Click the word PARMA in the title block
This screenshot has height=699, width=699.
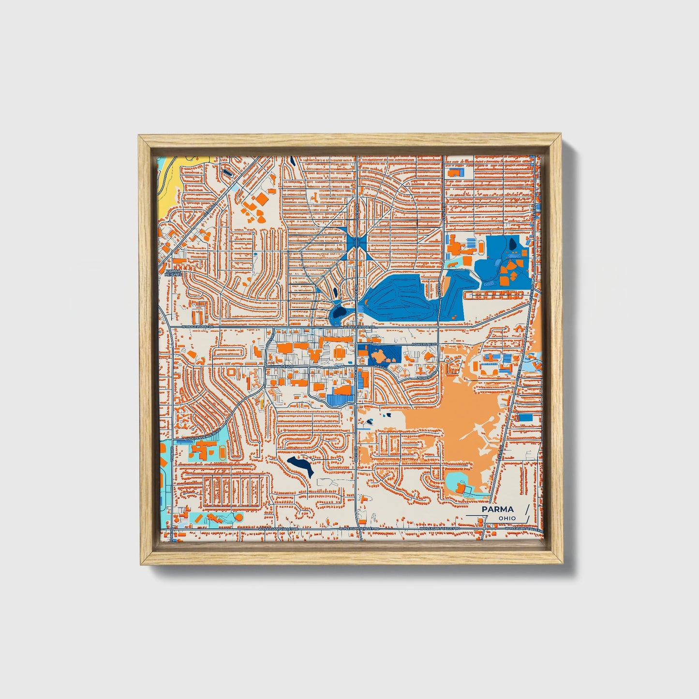pos(498,509)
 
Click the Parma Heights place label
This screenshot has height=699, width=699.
pos(173,273)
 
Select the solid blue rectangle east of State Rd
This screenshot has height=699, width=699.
pos(525,417)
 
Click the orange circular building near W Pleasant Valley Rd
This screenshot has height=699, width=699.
pos(238,518)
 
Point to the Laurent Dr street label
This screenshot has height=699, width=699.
pos(426,377)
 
